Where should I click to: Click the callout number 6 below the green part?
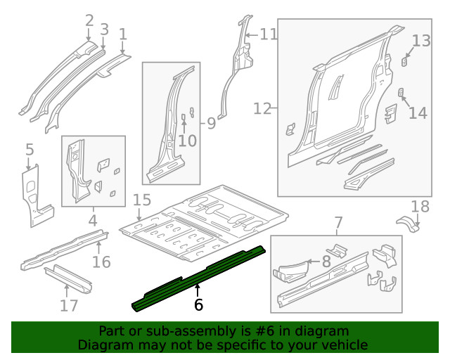point(198,304)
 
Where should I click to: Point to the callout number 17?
point(68,305)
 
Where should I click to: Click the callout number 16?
point(103,262)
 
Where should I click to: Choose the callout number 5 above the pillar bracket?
point(30,149)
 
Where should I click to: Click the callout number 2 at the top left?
point(89,20)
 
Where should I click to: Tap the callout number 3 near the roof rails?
point(104,30)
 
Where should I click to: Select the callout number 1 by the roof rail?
point(122,34)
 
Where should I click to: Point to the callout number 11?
point(269,34)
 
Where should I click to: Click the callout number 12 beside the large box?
point(262,108)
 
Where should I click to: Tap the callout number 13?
point(420,41)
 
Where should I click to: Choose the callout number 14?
point(418,112)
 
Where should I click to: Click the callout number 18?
point(420,206)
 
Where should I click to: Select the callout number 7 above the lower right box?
point(338,223)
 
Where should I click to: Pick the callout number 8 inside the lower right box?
point(326,262)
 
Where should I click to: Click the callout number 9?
point(210,124)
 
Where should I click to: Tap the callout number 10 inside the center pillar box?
point(186,141)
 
